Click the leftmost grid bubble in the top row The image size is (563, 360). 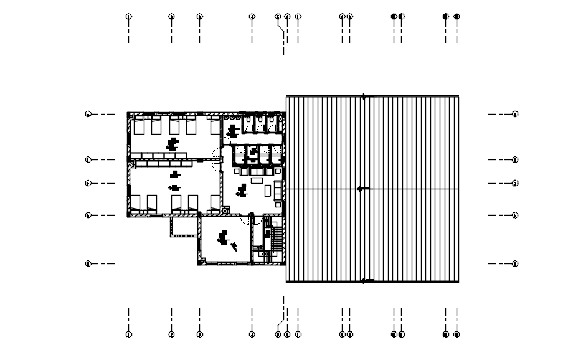(129, 16)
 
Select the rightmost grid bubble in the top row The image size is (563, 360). (457, 16)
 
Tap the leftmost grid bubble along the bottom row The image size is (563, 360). (129, 334)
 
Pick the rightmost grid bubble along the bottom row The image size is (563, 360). (457, 334)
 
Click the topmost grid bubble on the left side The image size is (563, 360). (88, 114)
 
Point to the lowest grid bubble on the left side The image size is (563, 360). (88, 263)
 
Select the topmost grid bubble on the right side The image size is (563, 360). (515, 114)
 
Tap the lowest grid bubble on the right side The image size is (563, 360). (515, 263)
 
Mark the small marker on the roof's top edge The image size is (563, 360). (364, 96)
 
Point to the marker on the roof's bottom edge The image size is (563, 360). (364, 282)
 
